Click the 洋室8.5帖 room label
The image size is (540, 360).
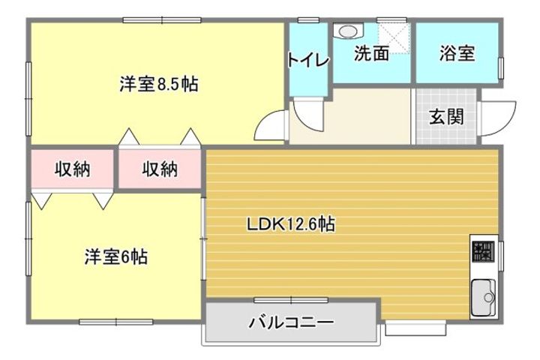(x=158, y=84)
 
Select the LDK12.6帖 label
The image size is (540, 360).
(x=292, y=223)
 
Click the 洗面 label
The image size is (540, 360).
(x=371, y=54)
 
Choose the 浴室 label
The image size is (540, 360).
(x=457, y=54)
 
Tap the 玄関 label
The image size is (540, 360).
(x=445, y=116)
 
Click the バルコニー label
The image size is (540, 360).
(x=291, y=323)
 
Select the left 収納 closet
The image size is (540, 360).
(x=72, y=169)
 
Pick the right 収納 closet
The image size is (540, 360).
(x=160, y=169)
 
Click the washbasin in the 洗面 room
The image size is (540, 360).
(x=347, y=31)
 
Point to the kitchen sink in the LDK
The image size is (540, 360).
(x=482, y=297)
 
